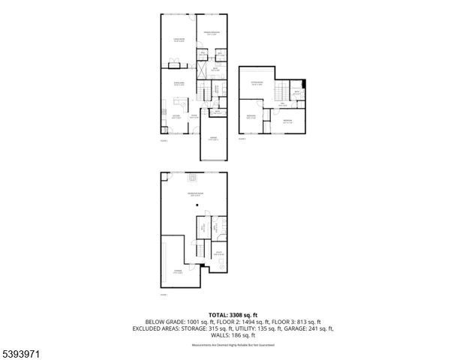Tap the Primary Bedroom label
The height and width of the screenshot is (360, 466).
point(213,34)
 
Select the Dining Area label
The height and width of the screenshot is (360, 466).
point(179,83)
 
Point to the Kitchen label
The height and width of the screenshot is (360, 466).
point(176,115)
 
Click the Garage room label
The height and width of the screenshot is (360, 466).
point(214,138)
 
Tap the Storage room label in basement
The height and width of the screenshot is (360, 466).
point(179,272)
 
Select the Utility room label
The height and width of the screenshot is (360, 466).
point(218,253)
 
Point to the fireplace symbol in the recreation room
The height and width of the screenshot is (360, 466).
point(194,178)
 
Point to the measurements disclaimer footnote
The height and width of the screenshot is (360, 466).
point(233,345)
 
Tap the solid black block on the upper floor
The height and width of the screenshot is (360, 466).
point(303,84)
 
